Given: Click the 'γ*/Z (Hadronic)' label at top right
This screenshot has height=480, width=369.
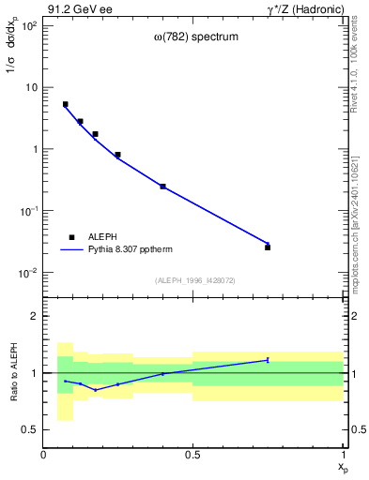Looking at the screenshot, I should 304,9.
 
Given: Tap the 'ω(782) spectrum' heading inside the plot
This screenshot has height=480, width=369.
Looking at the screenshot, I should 194,38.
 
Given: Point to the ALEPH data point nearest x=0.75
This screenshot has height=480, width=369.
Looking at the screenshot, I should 268,247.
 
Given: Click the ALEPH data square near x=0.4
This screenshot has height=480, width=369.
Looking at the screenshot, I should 162,187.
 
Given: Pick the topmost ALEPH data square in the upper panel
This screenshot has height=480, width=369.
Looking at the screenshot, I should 65,104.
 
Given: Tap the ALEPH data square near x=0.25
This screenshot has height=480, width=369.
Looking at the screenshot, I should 117,155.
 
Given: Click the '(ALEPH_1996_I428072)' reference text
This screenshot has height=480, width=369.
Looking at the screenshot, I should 193,279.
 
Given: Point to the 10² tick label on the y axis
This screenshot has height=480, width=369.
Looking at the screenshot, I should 27,25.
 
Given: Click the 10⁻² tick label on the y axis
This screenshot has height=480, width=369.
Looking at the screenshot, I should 27,273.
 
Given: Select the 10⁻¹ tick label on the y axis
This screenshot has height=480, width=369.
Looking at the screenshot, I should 27,211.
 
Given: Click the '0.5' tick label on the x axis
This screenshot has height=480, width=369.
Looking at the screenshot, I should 192,455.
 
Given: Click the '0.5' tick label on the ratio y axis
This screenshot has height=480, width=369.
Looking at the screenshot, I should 29,429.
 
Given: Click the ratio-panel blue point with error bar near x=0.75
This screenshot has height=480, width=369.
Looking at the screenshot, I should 268,360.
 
